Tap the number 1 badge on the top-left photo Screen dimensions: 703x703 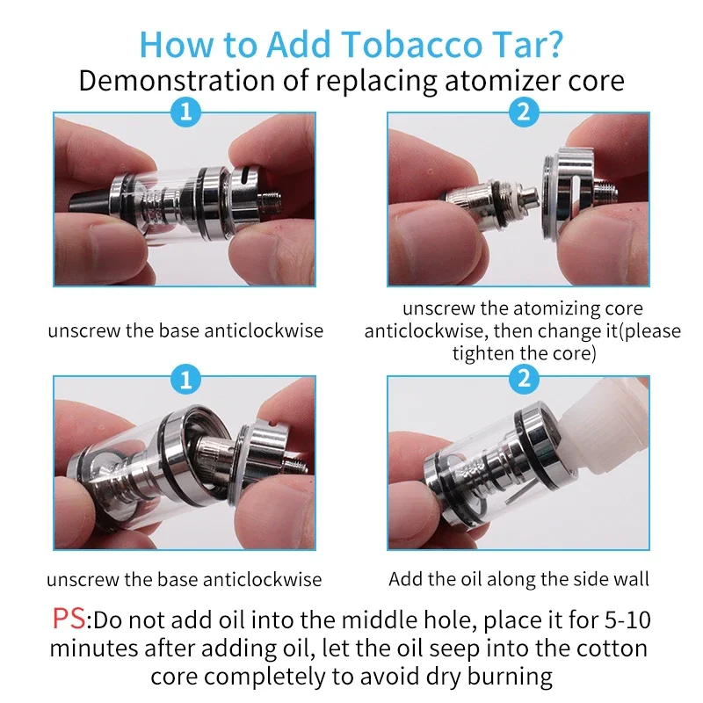coord(185,112)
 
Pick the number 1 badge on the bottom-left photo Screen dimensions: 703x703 coord(185,379)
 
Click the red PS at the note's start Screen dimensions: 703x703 coord(69,620)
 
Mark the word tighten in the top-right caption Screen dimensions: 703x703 coord(480,354)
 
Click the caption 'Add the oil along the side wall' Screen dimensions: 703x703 coord(518,579)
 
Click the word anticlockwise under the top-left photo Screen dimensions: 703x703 coord(264,331)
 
